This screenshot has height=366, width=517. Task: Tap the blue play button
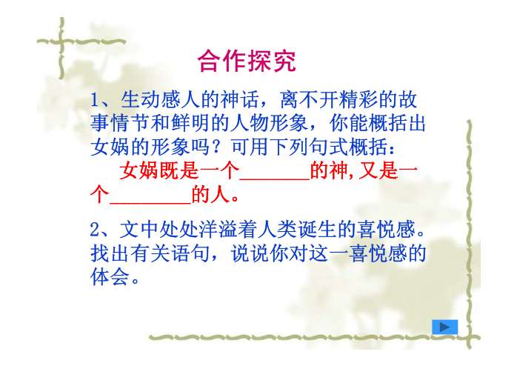444,327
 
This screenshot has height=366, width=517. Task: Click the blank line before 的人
150,198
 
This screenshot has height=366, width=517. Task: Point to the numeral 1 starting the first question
94,100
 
